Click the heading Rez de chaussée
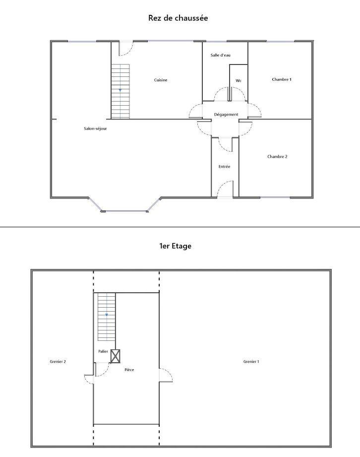pyautogui.click(x=178, y=18)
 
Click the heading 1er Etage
pyautogui.click(x=176, y=246)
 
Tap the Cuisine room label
pyautogui.click(x=161, y=80)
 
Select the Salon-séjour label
pyautogui.click(x=95, y=129)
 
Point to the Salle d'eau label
pyautogui.click(x=221, y=55)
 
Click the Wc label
pyautogui.click(x=239, y=80)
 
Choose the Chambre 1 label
pyautogui.click(x=282, y=79)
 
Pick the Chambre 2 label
pyautogui.click(x=277, y=156)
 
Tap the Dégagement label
pyautogui.click(x=226, y=115)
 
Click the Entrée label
pyautogui.click(x=224, y=166)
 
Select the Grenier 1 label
pyautogui.click(x=251, y=361)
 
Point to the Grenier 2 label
pyautogui.click(x=58, y=361)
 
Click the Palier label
pyautogui.click(x=103, y=351)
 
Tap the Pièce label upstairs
pyautogui.click(x=129, y=370)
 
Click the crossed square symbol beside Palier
pyautogui.click(x=116, y=356)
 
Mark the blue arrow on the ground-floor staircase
pyautogui.click(x=120, y=90)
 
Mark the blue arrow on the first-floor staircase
pyautogui.click(x=107, y=315)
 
